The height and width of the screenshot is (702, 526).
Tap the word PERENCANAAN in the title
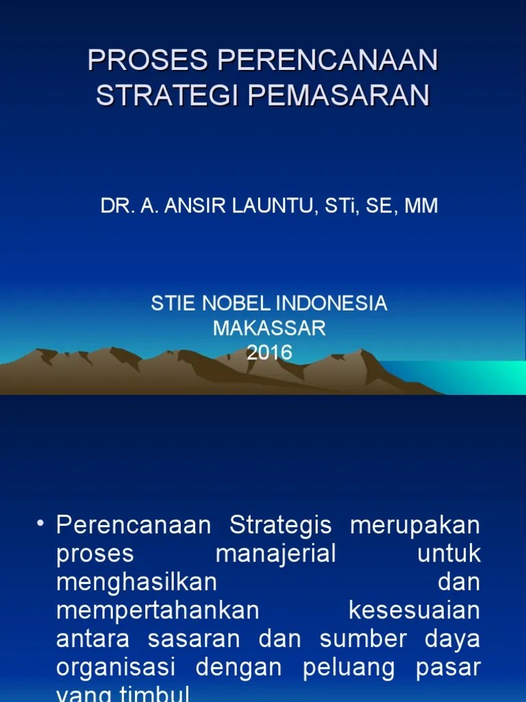tap(327, 61)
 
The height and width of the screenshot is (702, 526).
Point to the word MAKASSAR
tap(269, 328)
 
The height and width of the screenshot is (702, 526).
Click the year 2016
tap(269, 352)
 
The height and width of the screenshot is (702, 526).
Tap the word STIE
tap(169, 304)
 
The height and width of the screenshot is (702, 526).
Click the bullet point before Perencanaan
tap(40, 524)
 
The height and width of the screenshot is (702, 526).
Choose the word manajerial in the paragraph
tap(276, 554)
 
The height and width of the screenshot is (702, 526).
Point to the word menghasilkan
tap(136, 582)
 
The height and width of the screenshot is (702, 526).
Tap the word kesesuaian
tap(414, 610)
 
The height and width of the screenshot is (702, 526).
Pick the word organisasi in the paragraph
tap(116, 666)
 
